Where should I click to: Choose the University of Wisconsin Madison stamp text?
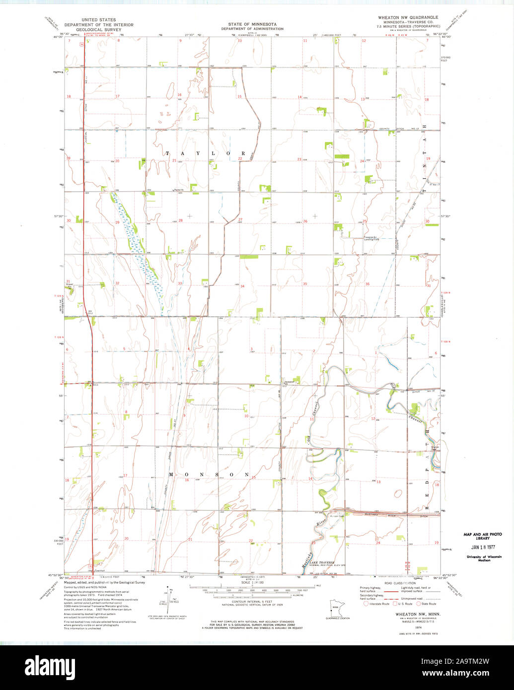484,558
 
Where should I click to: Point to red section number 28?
180,220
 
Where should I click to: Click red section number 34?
242,286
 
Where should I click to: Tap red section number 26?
305,221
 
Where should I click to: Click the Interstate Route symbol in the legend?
366,604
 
